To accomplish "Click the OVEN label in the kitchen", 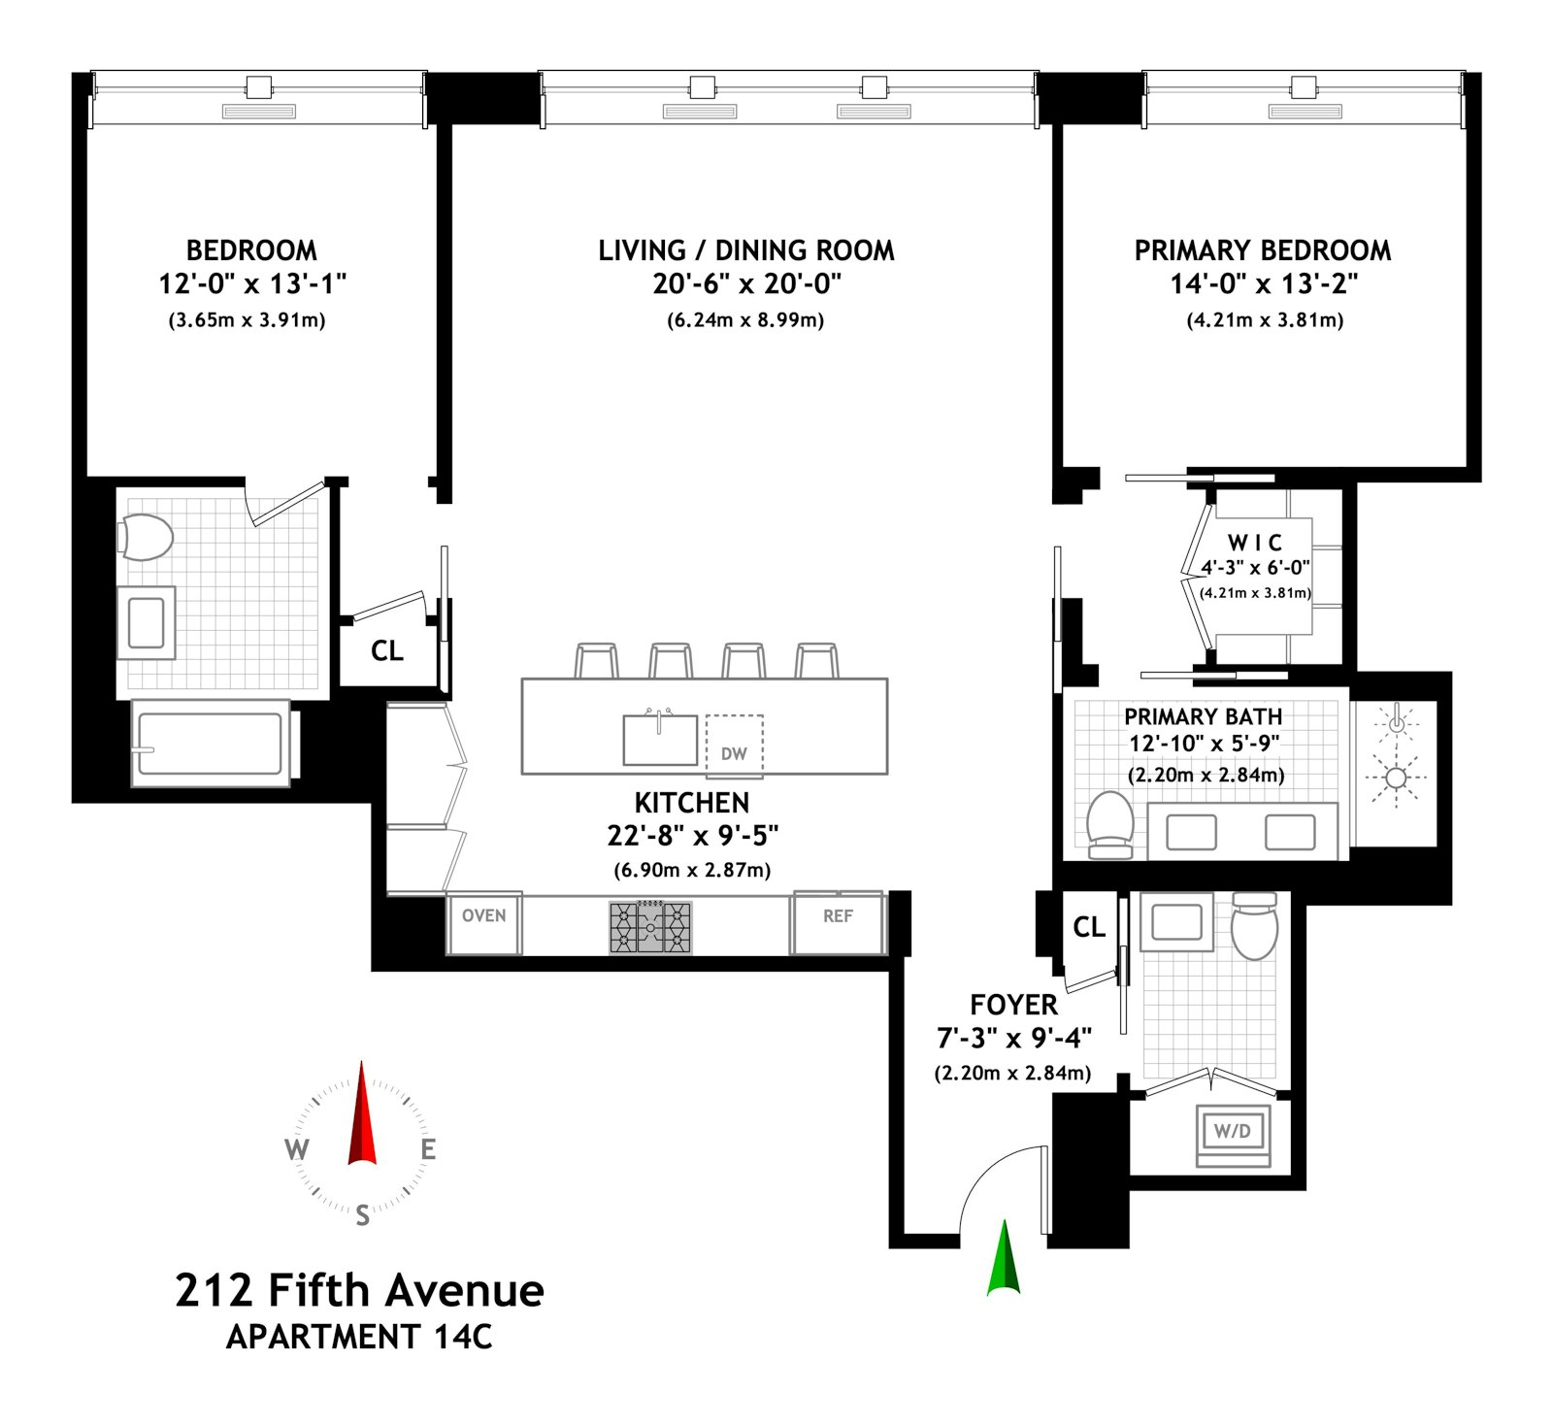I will point(483,915).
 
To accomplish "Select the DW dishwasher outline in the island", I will point(734,746).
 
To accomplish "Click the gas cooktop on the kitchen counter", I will point(650,927).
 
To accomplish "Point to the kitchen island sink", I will point(660,740).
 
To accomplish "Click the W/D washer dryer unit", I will point(1233,1132).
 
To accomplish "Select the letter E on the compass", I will point(428,1150).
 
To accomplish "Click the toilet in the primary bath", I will point(1110,824).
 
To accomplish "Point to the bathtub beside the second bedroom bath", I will point(211,744).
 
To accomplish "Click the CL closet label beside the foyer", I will point(1089,927).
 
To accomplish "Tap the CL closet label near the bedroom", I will point(386,650).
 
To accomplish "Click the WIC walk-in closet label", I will point(1254,543).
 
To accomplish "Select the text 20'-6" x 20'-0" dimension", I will point(745,283).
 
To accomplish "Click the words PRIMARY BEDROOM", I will point(1262,250).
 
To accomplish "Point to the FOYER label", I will point(1013,1005).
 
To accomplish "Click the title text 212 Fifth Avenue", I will point(359,1291).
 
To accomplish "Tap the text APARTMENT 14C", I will point(359,1338).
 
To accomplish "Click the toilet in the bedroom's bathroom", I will point(147,538).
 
